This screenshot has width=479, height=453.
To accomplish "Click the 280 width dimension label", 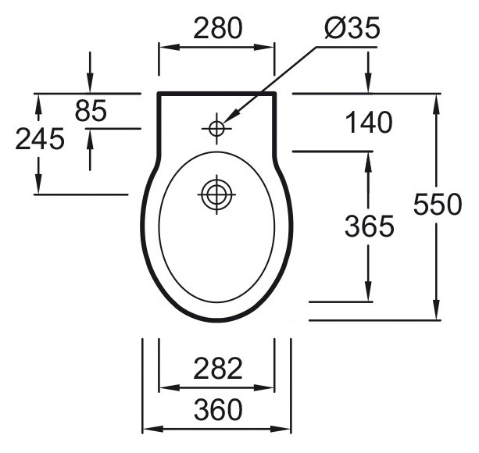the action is point(218,28).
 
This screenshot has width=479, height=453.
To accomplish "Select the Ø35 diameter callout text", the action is point(352,28).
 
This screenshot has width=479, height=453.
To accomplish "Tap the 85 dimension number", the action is point(91,110).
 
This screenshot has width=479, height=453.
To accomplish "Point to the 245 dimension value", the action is point(40,139).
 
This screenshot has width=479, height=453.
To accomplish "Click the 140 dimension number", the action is point(369,123).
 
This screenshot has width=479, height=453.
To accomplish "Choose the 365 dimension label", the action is point(370,226).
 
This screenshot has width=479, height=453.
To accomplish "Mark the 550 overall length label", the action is point(438,204).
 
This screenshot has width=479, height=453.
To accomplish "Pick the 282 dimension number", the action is point(218,369).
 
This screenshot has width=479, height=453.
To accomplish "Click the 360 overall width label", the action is point(218,410).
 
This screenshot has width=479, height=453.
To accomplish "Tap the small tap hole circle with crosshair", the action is point(216,129).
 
